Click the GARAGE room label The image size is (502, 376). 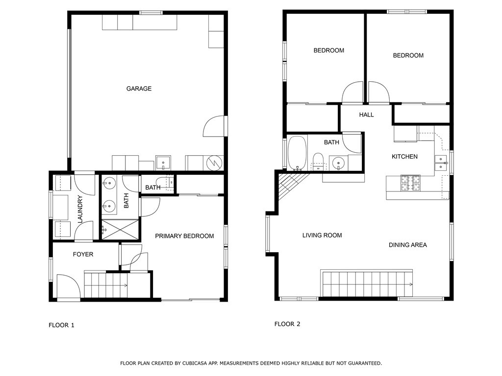139,89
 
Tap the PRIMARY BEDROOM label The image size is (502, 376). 184,236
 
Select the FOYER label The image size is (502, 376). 83,254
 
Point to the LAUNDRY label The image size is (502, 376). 80,209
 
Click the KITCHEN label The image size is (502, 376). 404,156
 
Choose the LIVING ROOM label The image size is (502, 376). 322,235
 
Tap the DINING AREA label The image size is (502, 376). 407,245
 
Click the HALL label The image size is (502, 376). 366,115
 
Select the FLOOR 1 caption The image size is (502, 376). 61,325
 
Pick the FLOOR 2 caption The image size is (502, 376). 287,324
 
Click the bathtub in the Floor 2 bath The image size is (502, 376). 297,153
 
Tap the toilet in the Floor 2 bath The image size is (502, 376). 318,162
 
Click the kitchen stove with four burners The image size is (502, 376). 410,183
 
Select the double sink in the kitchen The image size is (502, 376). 441,163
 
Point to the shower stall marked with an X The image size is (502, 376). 121,229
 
